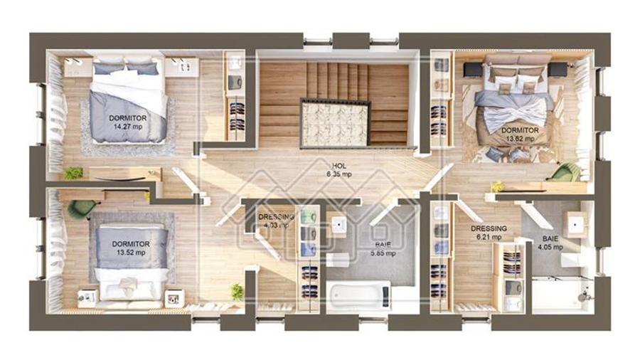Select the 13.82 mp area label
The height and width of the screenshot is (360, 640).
tap(518, 139)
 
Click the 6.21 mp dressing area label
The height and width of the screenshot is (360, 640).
tap(489, 238)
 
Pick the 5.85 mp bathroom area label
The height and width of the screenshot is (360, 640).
tap(383, 253)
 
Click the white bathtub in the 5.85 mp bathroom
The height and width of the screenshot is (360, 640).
tap(359, 295)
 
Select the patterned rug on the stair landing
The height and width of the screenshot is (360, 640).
tap(336, 123)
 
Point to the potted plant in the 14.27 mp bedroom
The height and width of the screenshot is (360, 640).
tap(73, 173)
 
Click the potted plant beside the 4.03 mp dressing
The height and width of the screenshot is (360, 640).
tap(237, 291)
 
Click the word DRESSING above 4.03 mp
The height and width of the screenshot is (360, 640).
tap(276, 217)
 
